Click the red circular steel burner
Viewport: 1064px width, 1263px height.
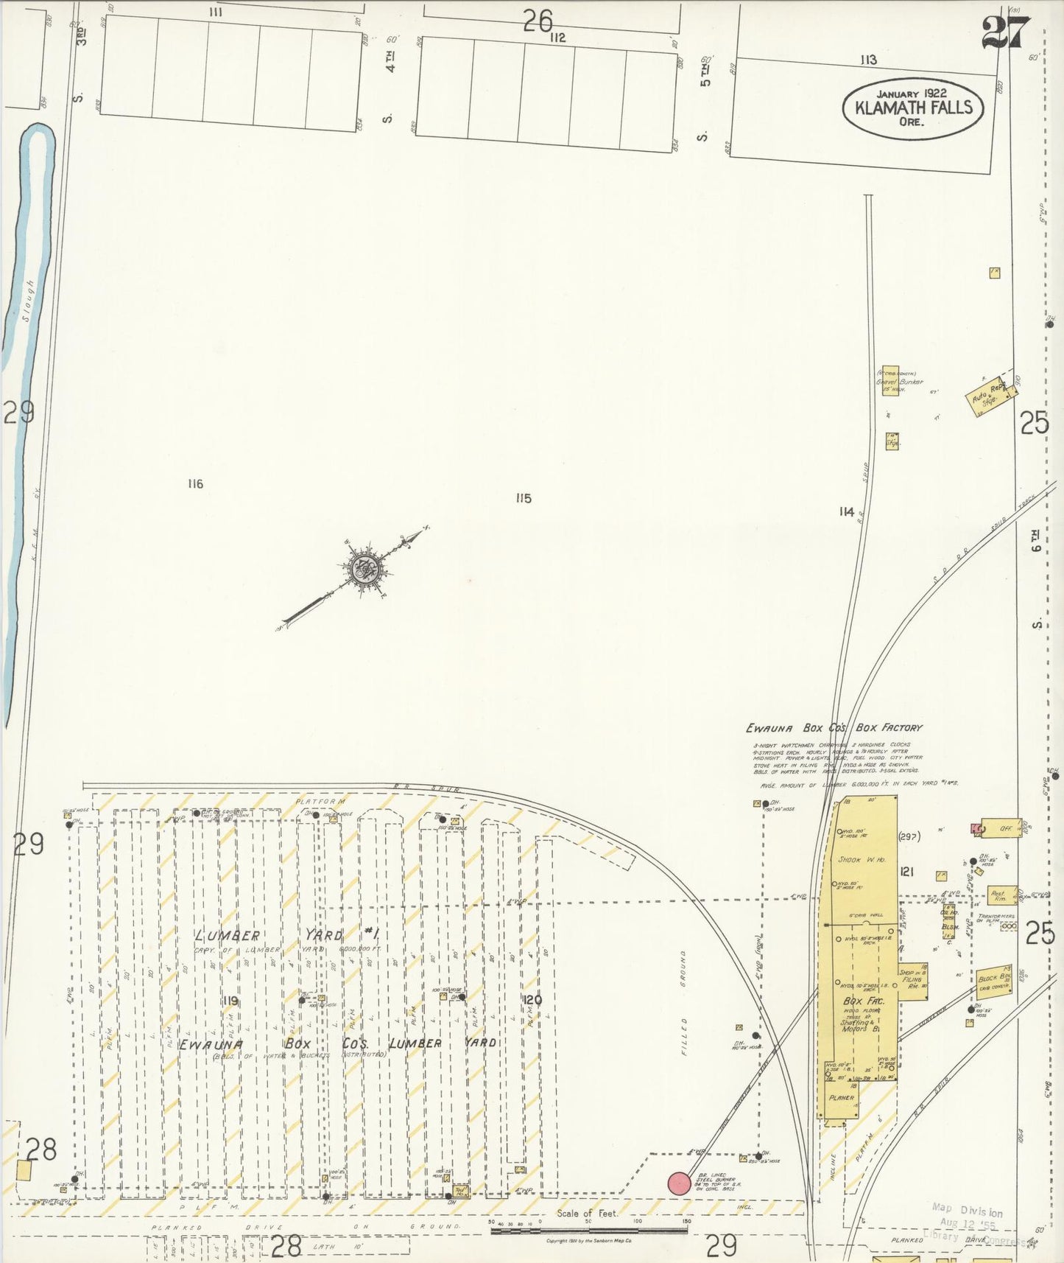pyautogui.click(x=679, y=1183)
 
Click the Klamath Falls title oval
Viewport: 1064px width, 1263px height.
pyautogui.click(x=913, y=108)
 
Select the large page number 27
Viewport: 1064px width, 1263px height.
pyautogui.click(x=1005, y=32)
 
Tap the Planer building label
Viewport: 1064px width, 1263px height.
pyautogui.click(x=841, y=1098)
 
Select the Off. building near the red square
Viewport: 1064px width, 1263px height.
pyautogui.click(x=1001, y=828)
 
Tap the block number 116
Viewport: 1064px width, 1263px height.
pyautogui.click(x=194, y=484)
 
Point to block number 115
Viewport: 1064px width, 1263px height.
pyautogui.click(x=523, y=499)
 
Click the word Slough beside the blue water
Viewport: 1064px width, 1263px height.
pyautogui.click(x=29, y=300)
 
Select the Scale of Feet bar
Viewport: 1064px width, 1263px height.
pyautogui.click(x=588, y=1231)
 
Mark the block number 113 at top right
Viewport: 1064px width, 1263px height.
pyautogui.click(x=868, y=60)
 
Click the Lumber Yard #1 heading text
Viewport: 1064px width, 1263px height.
pyautogui.click(x=287, y=935)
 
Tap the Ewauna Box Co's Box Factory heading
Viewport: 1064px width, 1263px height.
pyautogui.click(x=833, y=728)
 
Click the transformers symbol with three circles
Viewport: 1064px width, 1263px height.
pyautogui.click(x=1008, y=926)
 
